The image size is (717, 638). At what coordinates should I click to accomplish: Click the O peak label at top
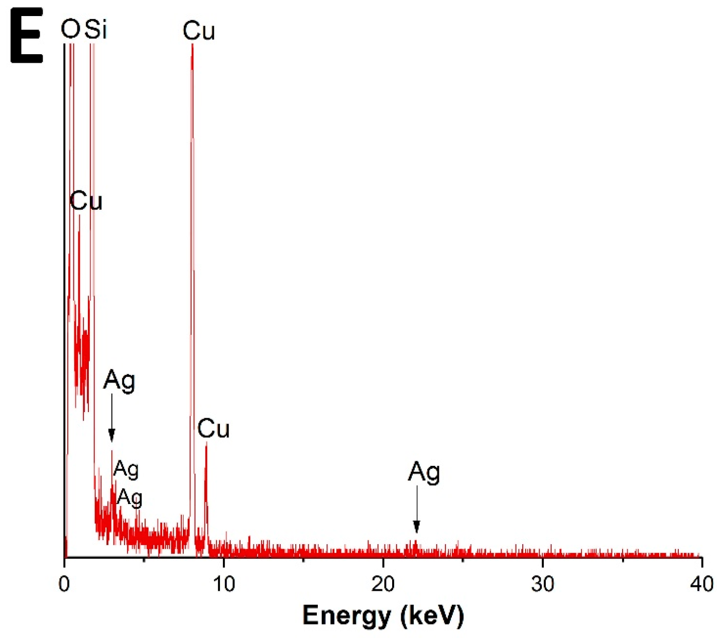(x=70, y=29)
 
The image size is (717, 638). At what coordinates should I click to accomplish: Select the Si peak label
(x=95, y=29)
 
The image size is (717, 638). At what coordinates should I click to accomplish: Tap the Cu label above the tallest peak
(x=199, y=31)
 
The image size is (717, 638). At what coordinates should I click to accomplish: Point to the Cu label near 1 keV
(x=86, y=201)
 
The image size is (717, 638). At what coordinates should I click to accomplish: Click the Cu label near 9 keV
(x=213, y=429)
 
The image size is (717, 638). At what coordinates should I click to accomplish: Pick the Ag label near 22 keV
(x=424, y=473)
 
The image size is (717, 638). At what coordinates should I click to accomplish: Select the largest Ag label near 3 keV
(x=119, y=380)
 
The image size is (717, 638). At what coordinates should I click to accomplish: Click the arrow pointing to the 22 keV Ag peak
(x=416, y=509)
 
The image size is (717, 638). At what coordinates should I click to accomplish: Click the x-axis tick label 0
(x=64, y=584)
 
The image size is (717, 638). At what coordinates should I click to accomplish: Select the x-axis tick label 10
(x=223, y=584)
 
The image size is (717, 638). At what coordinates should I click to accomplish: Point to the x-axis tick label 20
(x=383, y=584)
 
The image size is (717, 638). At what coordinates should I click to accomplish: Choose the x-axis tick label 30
(x=542, y=584)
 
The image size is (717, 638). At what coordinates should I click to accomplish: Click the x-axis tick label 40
(x=701, y=584)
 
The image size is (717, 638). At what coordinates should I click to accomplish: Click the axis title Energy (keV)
(x=383, y=615)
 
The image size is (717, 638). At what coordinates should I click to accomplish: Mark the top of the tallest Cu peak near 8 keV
(x=192, y=45)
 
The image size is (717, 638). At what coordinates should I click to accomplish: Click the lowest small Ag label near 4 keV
(x=130, y=498)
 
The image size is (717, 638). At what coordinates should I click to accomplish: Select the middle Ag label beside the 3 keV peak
(x=126, y=469)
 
